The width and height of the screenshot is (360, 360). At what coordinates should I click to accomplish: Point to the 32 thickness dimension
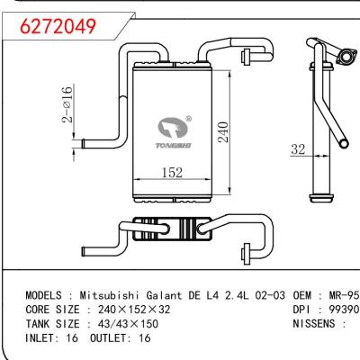(298, 150)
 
